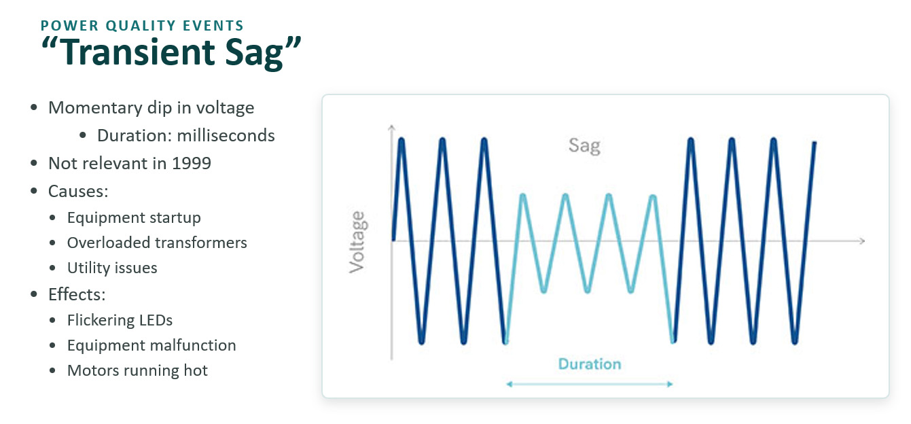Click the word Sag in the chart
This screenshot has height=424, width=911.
point(584,145)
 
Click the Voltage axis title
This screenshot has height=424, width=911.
point(357,242)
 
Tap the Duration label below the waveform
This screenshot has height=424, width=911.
point(590,364)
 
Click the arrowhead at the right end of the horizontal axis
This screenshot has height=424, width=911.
point(861,241)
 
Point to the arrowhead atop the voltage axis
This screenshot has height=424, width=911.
point(391,128)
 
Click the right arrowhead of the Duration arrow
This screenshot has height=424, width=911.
point(670,384)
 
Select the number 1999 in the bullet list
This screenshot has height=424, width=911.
point(192,163)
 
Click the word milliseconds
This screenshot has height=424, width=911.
point(226,135)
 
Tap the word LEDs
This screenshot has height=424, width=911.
point(156,320)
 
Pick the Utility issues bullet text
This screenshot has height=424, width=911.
point(112,268)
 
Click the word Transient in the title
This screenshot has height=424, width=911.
point(139,52)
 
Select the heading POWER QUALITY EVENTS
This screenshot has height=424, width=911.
point(142,26)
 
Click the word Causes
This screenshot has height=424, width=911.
point(78,191)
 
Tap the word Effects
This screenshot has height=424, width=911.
point(77,294)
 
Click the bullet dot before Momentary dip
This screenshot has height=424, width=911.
point(34,108)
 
